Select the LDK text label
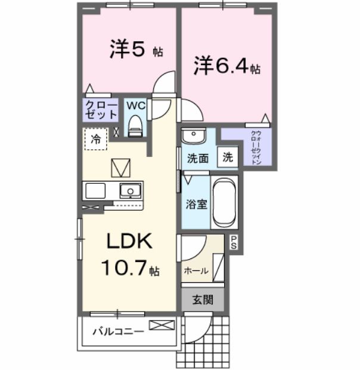tap(130, 242)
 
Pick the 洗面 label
tap(197, 159)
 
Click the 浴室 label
tap(197, 204)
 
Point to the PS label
tap(234, 242)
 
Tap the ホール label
tap(196, 270)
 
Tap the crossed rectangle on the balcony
tap(162, 325)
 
